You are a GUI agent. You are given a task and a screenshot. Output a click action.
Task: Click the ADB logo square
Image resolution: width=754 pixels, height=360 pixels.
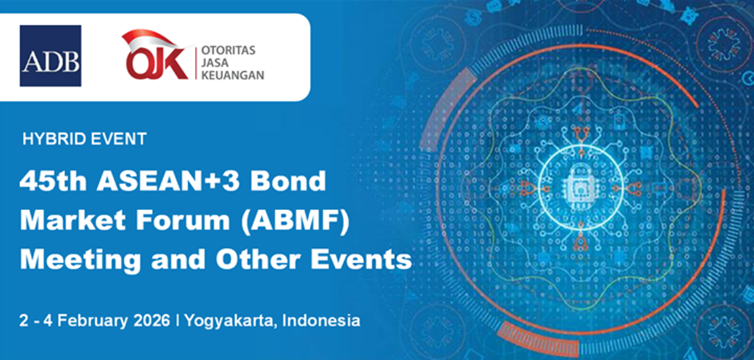tap(50, 56)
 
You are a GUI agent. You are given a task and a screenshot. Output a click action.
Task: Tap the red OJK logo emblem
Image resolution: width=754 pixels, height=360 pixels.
tap(155, 55)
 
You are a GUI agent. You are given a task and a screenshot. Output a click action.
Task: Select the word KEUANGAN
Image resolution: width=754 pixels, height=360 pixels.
tap(233, 75)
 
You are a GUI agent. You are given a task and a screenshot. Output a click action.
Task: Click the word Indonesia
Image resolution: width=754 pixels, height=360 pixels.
tap(322, 320)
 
